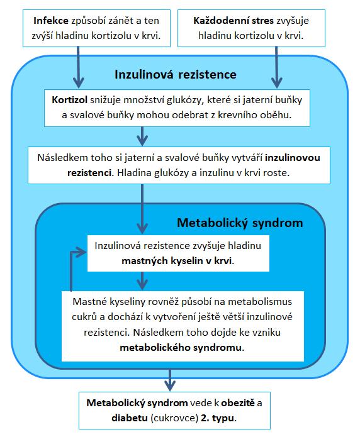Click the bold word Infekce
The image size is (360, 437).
pos(51,21)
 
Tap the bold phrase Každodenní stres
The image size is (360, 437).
pos(233,21)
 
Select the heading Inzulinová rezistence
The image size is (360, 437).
pos(176,75)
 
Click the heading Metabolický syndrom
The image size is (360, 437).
pos(240,223)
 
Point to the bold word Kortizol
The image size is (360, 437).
pos(69,100)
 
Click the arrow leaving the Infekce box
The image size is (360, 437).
pos(79,67)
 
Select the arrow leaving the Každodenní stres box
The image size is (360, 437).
pos(276,67)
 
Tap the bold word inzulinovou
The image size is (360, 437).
pos(293,158)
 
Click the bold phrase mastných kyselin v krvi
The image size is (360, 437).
pos(177,261)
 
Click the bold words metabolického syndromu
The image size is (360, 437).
pos(181,348)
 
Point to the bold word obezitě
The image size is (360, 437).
pos(238,403)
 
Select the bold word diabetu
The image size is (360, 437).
pos(130,418)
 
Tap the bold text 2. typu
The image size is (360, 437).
pos(218,418)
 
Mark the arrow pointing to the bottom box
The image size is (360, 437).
pos(170,380)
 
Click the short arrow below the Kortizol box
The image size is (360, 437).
pos(142,136)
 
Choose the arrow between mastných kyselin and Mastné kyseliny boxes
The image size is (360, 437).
pos(142,280)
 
